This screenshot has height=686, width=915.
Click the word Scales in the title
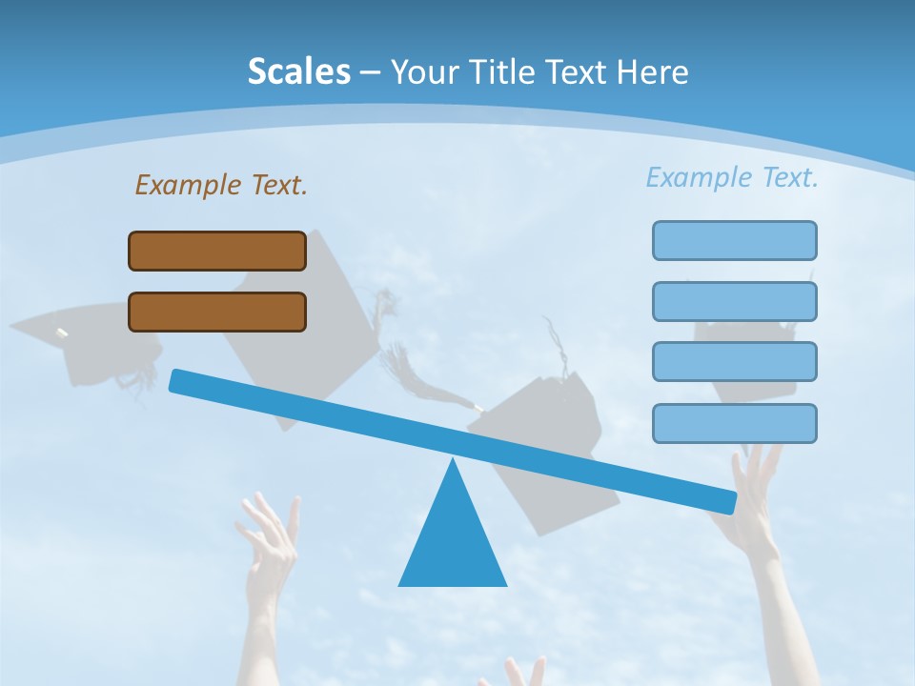coord(298,71)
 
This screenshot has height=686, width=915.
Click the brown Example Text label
coord(221,185)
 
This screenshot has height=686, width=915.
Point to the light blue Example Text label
coord(732,177)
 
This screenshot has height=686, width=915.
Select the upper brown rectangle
coord(217,251)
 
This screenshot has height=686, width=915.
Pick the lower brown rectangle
coord(217,312)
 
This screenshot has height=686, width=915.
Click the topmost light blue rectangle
coord(734,240)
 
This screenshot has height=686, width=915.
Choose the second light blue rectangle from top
coord(734,301)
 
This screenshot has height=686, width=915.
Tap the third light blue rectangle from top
coord(734,361)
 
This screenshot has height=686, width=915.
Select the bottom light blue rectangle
coord(734,423)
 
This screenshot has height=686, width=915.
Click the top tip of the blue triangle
coord(453,462)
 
